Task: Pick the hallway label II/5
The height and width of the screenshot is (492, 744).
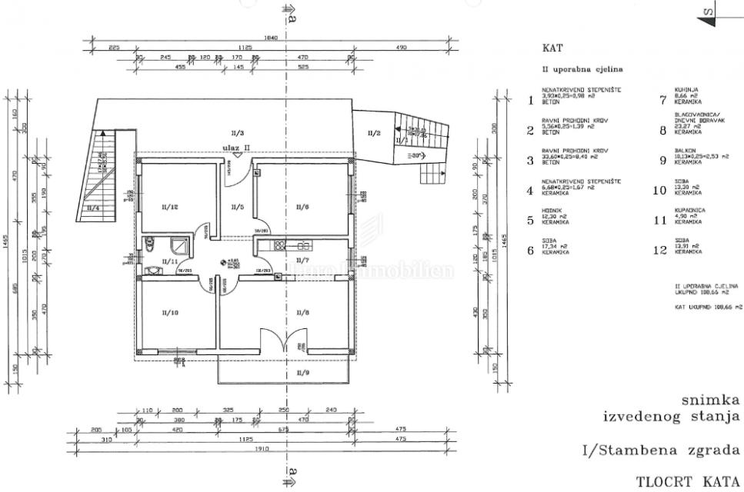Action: tap(237, 207)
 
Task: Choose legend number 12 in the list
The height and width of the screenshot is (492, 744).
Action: tap(659, 250)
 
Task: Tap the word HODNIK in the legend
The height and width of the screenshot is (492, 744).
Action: tap(550, 215)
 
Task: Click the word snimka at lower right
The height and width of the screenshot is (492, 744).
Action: tap(711, 400)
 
